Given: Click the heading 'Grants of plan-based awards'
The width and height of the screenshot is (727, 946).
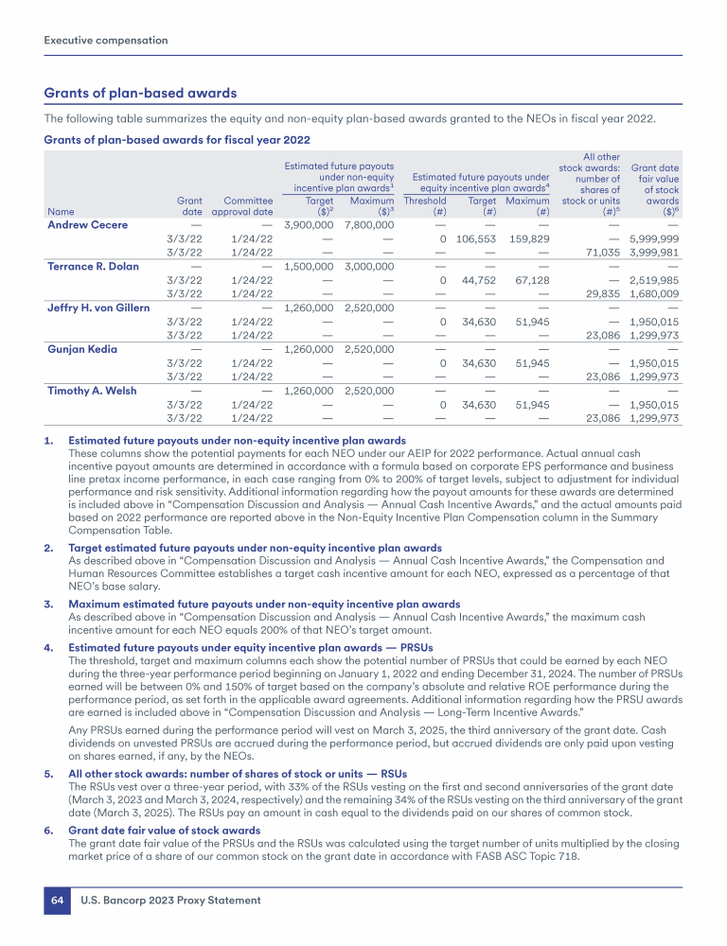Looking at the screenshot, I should (x=140, y=93).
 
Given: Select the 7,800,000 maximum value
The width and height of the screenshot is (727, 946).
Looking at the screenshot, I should (x=370, y=224).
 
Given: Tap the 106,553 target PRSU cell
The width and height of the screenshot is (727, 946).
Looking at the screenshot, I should (x=476, y=238).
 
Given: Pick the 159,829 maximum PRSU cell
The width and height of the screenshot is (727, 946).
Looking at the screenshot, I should (x=528, y=238).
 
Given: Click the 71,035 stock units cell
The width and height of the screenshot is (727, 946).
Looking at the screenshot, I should (x=601, y=252).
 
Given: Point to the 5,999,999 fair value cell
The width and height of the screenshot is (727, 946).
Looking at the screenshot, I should (x=655, y=238).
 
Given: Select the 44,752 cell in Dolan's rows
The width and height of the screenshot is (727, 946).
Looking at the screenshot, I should (x=479, y=280).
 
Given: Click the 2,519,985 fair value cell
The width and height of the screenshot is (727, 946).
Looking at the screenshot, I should (x=655, y=280).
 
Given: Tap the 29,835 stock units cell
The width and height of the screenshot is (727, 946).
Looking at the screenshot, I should (x=601, y=293).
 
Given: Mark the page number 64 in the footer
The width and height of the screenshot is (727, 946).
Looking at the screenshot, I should (x=57, y=900).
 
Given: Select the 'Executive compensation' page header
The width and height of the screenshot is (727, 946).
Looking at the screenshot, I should (x=106, y=40).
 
